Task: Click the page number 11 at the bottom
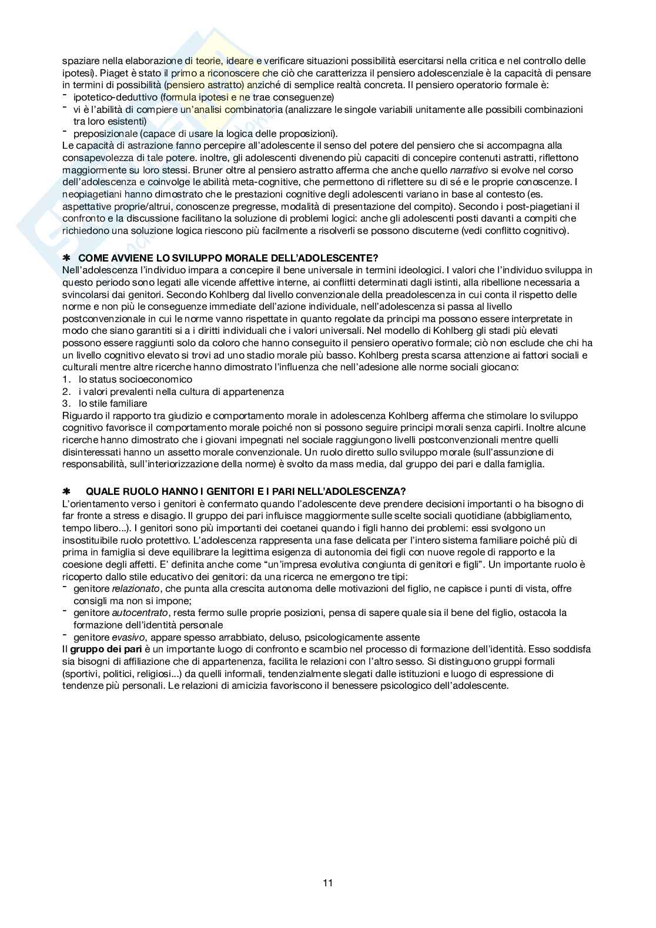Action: pyautogui.click(x=328, y=883)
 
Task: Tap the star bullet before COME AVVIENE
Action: pyautogui.click(x=65, y=258)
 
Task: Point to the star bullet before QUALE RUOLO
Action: pyautogui.click(x=65, y=491)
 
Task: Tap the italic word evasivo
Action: pyautogui.click(x=128, y=637)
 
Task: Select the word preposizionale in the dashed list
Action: pyautogui.click(x=101, y=133)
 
